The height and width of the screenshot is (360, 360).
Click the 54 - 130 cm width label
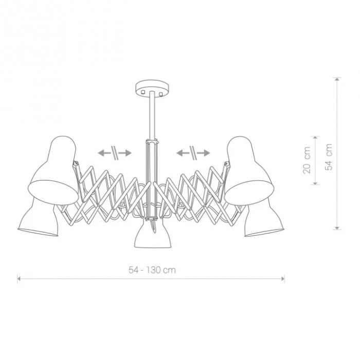click(152, 270)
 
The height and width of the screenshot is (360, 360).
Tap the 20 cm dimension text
click(307, 160)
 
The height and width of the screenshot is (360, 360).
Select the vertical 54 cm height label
click(329, 157)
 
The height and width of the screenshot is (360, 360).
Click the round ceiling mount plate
click(152, 87)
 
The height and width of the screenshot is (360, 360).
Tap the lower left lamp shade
click(38, 218)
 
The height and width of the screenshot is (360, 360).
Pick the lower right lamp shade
click(264, 218)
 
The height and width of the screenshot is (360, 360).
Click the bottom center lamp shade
click(153, 233)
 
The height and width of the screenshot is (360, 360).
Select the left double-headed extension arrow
click(115, 153)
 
